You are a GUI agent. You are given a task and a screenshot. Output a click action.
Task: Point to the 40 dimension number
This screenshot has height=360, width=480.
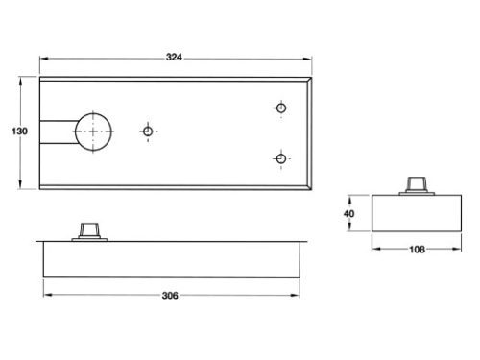point(349,213)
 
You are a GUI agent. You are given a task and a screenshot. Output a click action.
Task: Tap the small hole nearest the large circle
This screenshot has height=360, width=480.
point(148,130)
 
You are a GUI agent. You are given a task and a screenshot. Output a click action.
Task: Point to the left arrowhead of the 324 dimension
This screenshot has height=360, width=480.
point(43,63)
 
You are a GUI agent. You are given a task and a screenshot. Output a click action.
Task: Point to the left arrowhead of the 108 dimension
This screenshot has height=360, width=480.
point(374,250)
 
